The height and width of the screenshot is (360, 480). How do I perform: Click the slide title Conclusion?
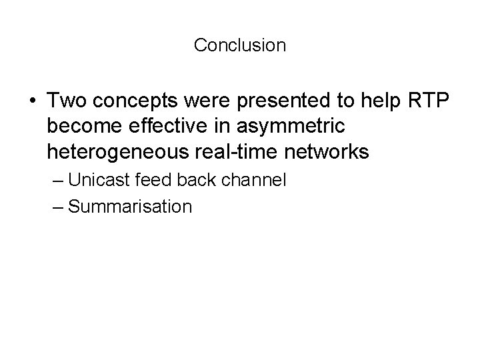[x=240, y=45]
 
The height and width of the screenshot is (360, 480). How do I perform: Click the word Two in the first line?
[x=66, y=101]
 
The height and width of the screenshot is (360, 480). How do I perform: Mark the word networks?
[x=325, y=153]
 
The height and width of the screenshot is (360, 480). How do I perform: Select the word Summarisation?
[x=130, y=207]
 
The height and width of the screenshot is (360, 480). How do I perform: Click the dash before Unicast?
[x=57, y=181]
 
